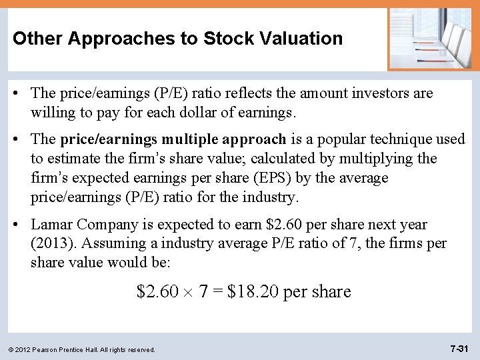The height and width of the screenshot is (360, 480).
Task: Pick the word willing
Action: (x=53, y=113)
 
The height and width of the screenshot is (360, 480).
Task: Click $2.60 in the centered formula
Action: (x=158, y=291)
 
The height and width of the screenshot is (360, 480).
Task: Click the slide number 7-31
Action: (x=461, y=349)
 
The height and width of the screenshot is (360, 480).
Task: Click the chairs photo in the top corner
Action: (x=432, y=38)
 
